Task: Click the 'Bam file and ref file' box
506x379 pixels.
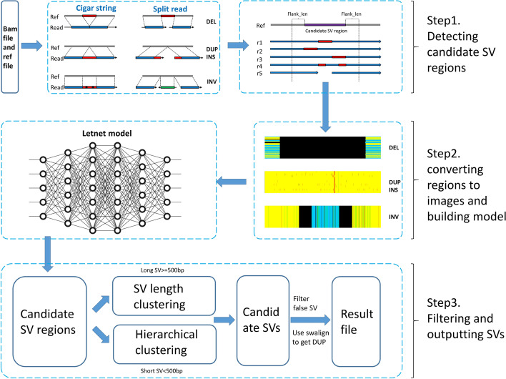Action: (x=10, y=47)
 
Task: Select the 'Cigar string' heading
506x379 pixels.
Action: (x=96, y=8)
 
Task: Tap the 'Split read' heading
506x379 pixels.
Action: (x=170, y=9)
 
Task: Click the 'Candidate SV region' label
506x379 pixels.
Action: (x=326, y=31)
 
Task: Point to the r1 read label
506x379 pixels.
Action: (x=259, y=42)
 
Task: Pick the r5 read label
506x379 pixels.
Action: (x=259, y=73)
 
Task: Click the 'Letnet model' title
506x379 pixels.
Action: (x=106, y=133)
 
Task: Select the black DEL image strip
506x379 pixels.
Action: (x=323, y=147)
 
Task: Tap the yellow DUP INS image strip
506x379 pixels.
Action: (x=323, y=182)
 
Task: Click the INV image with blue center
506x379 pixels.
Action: (x=323, y=217)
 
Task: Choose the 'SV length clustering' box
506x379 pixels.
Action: (x=164, y=296)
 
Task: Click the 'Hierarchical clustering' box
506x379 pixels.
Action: (x=164, y=344)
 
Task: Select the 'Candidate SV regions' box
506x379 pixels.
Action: (x=50, y=322)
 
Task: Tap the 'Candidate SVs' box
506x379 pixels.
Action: (x=263, y=320)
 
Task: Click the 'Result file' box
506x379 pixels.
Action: (x=356, y=322)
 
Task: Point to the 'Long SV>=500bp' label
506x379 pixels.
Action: (x=162, y=270)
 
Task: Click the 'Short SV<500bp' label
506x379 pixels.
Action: (x=162, y=371)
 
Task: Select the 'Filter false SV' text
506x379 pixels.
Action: (x=305, y=303)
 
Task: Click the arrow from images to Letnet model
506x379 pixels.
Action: (x=232, y=182)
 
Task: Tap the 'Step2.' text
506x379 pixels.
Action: (x=444, y=154)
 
